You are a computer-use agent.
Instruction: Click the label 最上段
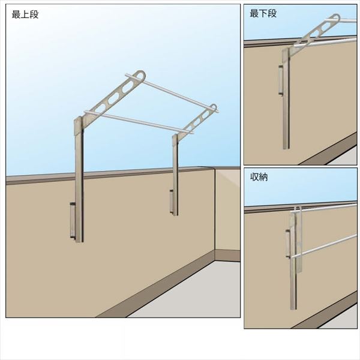[x=25, y=14]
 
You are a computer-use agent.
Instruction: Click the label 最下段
[x=263, y=14]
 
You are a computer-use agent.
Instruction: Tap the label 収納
[x=259, y=177]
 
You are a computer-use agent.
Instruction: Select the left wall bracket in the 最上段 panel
[x=73, y=221]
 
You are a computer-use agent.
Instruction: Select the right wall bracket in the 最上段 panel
[x=172, y=202]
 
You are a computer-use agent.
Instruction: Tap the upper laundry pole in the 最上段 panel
[x=172, y=94]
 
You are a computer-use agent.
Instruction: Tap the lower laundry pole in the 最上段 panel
[x=139, y=122]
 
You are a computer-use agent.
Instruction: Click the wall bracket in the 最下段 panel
[x=281, y=80]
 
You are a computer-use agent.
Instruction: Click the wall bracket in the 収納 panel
[x=288, y=244]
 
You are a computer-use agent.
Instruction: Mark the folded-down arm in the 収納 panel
[x=299, y=239]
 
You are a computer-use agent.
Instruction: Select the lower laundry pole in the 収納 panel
[x=324, y=246]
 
